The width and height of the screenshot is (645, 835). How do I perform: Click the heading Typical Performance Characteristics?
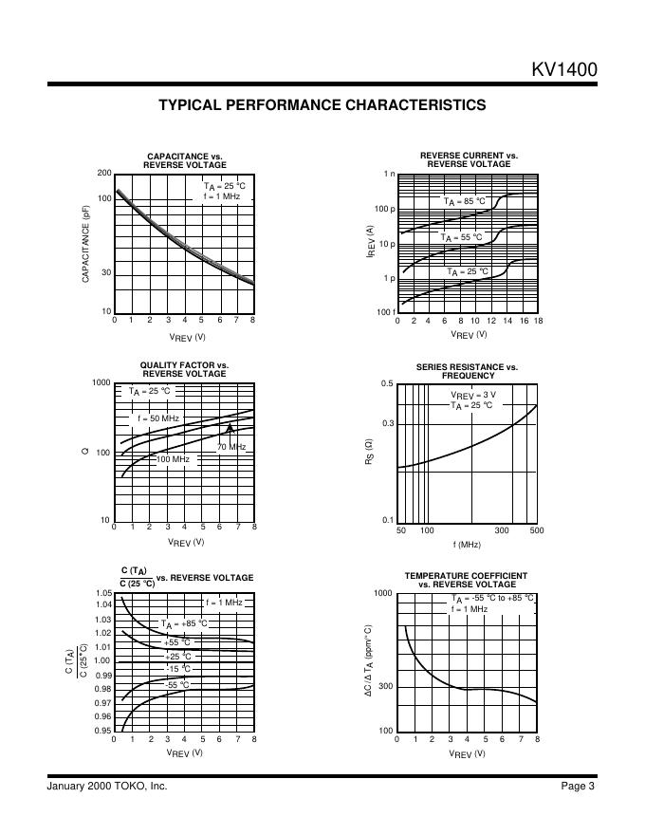click(322, 105)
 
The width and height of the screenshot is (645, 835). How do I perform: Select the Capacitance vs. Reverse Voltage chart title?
click(184, 160)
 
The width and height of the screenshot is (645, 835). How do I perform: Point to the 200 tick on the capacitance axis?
click(104, 173)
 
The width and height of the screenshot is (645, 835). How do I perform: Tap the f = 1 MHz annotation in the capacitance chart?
click(222, 195)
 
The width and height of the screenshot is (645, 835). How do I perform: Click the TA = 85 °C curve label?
click(465, 201)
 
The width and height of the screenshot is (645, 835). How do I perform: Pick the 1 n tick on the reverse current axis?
click(389, 174)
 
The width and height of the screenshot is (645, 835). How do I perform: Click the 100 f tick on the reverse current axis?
click(386, 312)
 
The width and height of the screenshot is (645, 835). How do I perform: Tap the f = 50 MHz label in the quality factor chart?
click(157, 418)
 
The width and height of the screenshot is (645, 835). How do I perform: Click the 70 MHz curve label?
click(231, 447)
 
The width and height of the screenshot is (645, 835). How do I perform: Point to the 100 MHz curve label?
click(173, 459)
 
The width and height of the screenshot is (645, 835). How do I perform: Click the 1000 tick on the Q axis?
click(101, 382)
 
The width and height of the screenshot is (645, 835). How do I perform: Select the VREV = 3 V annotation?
click(473, 395)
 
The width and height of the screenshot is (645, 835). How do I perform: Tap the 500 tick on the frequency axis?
click(537, 530)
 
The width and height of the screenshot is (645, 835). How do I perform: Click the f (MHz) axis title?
click(467, 545)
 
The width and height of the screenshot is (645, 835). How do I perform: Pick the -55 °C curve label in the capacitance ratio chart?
click(177, 684)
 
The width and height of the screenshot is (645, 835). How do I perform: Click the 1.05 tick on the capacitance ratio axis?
click(103, 593)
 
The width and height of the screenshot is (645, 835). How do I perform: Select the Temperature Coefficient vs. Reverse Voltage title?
click(466, 580)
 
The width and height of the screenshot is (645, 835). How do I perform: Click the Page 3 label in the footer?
click(577, 786)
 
